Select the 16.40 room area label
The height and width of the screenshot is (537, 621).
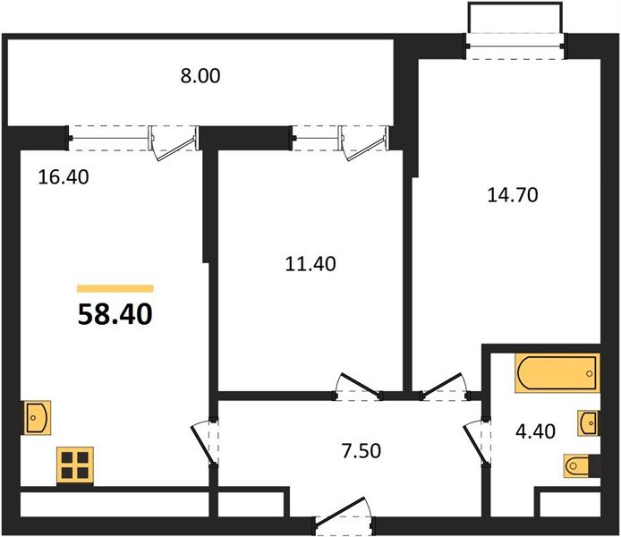coord(64,176)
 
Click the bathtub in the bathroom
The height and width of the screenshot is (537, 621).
coord(556,373)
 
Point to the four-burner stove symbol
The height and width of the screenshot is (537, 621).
coord(74,465)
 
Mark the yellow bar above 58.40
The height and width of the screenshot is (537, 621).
coord(115,289)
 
